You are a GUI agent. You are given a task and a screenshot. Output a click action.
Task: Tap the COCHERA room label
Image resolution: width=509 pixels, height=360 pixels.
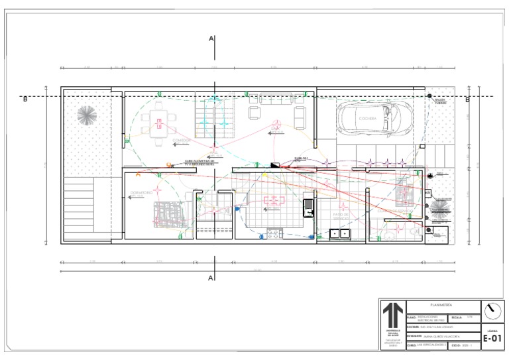click(368, 119)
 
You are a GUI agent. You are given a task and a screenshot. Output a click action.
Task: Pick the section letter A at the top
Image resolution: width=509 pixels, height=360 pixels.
click(211, 39)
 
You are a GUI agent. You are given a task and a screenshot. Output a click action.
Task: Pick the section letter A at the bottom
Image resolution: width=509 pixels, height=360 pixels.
click(211, 277)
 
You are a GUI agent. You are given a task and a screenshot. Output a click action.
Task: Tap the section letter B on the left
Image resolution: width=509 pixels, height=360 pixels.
click(25, 100)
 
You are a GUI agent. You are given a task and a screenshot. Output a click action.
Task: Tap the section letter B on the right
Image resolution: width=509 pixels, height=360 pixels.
click(467, 100)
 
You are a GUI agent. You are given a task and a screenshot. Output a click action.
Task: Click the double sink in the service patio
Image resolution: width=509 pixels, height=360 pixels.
click(341, 233)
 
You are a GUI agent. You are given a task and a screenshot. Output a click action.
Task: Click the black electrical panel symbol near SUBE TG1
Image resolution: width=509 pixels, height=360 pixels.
click(274, 164)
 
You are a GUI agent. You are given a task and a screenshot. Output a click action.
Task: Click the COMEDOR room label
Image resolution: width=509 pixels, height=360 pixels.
click(181, 141)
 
